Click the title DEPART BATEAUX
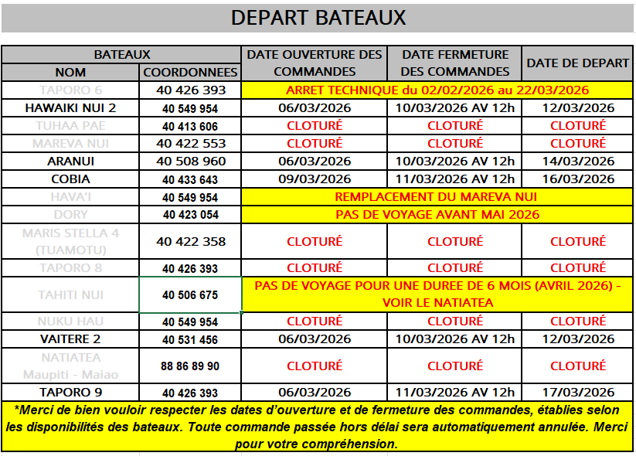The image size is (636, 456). coord(318,18)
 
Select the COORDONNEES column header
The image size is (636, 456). coord(190,72)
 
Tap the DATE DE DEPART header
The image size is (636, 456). coord(578,63)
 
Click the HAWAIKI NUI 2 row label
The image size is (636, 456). coord(70,108)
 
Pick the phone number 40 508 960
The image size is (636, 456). coord(190,162)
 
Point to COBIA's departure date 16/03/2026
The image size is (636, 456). coord(578,179)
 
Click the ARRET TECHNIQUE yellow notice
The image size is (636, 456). coord(437,90)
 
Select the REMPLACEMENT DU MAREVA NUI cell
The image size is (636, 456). coord(437,197)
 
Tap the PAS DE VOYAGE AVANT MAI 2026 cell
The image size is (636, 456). coord(437,215)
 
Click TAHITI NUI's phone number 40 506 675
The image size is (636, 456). coord(190,295)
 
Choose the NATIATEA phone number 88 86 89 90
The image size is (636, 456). coord(190,366)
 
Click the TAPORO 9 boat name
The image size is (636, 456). coord(70,393)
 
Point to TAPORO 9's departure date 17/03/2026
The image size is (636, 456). coord(578,393)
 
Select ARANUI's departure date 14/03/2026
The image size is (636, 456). coord(578,162)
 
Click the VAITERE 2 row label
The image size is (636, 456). coord(70,339)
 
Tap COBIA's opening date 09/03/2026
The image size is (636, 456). coord(315,179)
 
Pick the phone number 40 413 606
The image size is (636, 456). coord(190,126)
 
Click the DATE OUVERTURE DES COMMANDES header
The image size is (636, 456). coord(315,63)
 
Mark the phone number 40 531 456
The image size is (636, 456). coord(190,339)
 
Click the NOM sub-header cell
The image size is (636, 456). coord(70,72)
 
